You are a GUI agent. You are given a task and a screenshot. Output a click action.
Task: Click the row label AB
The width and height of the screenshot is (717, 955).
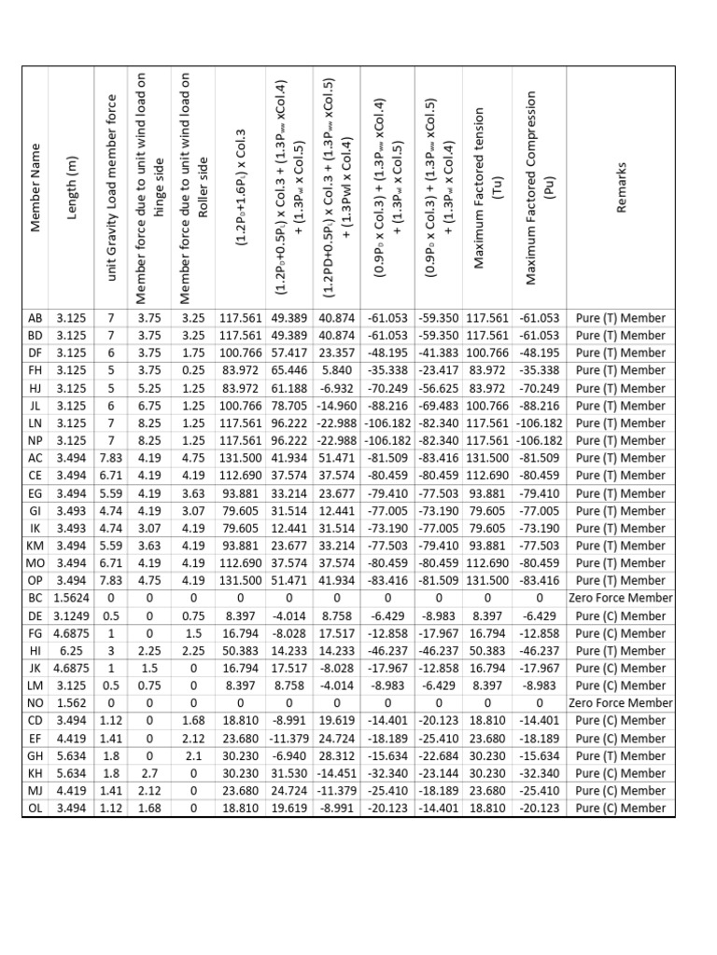point(36,318)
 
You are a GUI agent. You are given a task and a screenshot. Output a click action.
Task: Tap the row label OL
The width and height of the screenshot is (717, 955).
point(36,809)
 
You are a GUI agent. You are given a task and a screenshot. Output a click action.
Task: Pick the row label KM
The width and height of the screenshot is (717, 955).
point(36,546)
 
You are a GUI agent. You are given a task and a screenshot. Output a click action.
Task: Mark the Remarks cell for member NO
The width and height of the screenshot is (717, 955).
point(621,703)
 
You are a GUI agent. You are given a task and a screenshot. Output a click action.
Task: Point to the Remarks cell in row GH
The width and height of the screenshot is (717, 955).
point(621,756)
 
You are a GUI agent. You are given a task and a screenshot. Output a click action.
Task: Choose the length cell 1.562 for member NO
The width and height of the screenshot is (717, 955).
point(72,703)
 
